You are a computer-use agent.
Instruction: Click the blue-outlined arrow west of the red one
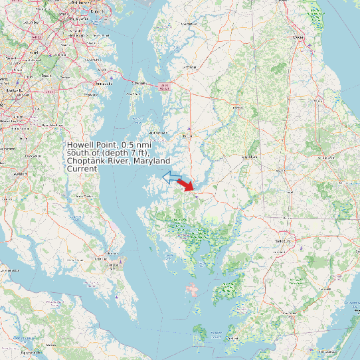(172, 177)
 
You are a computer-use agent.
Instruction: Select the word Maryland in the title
(151, 161)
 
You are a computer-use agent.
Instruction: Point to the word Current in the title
(82, 169)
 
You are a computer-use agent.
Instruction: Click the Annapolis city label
(104, 84)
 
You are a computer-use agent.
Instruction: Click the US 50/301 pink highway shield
(163, 86)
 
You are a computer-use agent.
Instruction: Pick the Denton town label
(231, 108)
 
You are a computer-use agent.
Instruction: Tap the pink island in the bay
(193, 290)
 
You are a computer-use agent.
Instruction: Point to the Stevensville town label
(139, 83)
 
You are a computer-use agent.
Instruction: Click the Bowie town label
(46, 76)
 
